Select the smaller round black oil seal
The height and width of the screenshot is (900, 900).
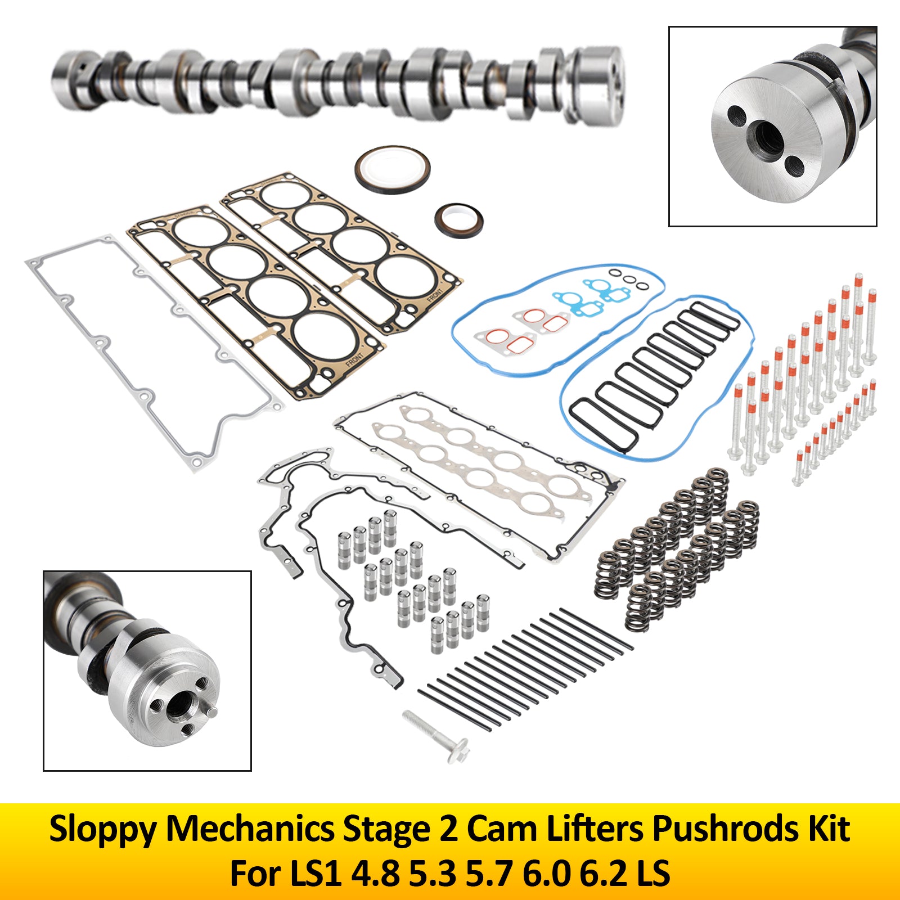[459, 219]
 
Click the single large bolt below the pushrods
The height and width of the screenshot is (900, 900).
[436, 734]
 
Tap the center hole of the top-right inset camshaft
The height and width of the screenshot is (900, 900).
[767, 137]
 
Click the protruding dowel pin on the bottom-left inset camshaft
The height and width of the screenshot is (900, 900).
[211, 711]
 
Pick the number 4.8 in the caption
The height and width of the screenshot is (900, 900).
[375, 874]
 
